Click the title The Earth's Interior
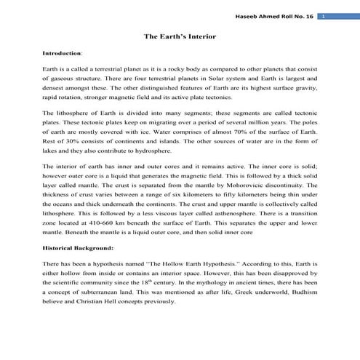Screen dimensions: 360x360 (179, 36)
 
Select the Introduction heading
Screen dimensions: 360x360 (63, 53)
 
